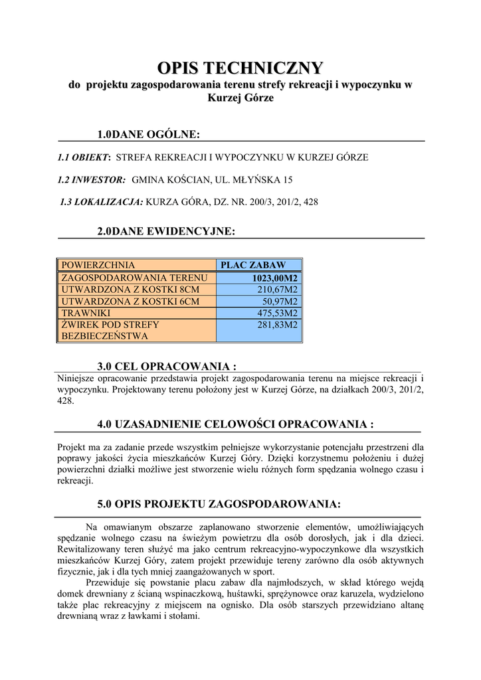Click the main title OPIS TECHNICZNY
tap(240, 68)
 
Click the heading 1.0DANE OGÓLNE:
tap(148, 135)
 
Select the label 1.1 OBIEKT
tap(83, 157)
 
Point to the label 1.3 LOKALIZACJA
tap(101, 201)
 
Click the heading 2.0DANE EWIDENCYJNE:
tap(166, 231)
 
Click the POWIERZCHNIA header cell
tap(98, 265)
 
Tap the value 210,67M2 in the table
tap(277, 290)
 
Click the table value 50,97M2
tap(280, 301)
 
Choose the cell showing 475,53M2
tap(277, 313)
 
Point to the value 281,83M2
tap(277, 325)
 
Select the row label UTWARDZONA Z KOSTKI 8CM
tap(130, 290)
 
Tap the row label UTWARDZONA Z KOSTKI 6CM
tap(130, 301)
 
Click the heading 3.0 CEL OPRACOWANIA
tap(167, 366)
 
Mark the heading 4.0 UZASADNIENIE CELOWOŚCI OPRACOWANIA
tap(235, 424)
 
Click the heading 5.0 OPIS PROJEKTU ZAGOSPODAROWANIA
tap(219, 504)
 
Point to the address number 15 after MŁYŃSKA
tap(287, 179)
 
